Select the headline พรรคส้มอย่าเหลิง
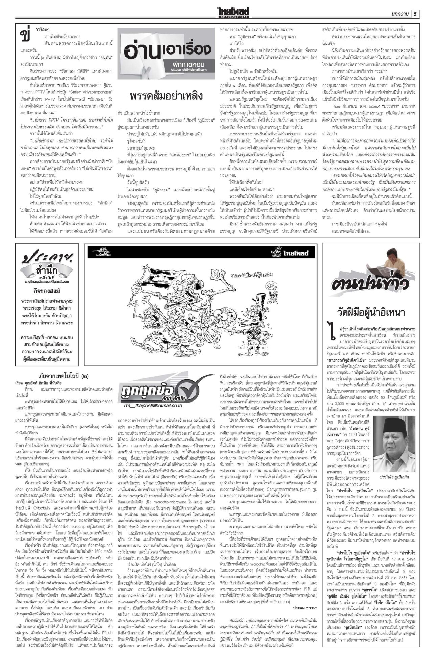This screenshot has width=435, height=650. (x=166, y=96)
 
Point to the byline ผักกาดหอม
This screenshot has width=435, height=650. (x=188, y=64)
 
